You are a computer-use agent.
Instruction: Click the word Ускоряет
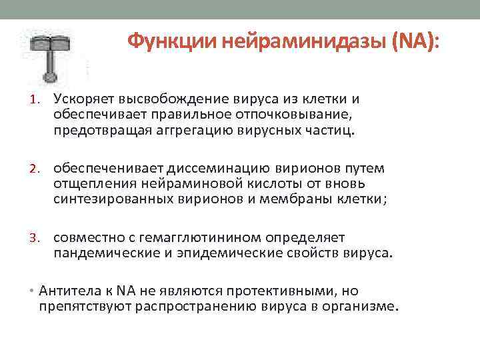click(x=84, y=100)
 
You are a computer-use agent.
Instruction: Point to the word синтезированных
click(x=110, y=198)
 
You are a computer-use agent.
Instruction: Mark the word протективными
click(x=281, y=291)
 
